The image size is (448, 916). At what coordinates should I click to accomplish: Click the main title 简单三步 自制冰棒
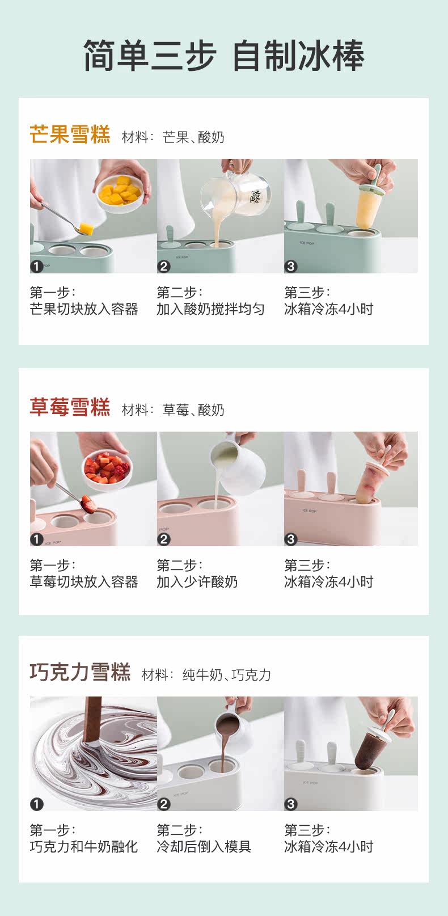point(223,56)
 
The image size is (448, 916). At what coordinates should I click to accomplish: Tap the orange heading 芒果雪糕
point(70,135)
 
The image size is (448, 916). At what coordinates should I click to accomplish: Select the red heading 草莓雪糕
point(70,407)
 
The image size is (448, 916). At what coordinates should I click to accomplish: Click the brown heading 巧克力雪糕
point(80,672)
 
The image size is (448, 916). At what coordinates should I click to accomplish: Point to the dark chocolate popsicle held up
point(370,750)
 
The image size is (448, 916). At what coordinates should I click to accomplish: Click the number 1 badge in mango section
point(37,266)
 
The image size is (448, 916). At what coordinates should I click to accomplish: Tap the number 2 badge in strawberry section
point(164,539)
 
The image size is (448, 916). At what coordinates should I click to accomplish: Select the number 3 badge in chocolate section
point(291,804)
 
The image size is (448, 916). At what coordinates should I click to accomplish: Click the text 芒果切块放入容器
point(84,309)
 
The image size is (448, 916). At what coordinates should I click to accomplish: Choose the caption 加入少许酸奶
point(197,582)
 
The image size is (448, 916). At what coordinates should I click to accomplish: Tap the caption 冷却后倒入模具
point(204,847)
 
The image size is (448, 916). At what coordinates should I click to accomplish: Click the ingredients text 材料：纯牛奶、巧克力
point(206,674)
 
